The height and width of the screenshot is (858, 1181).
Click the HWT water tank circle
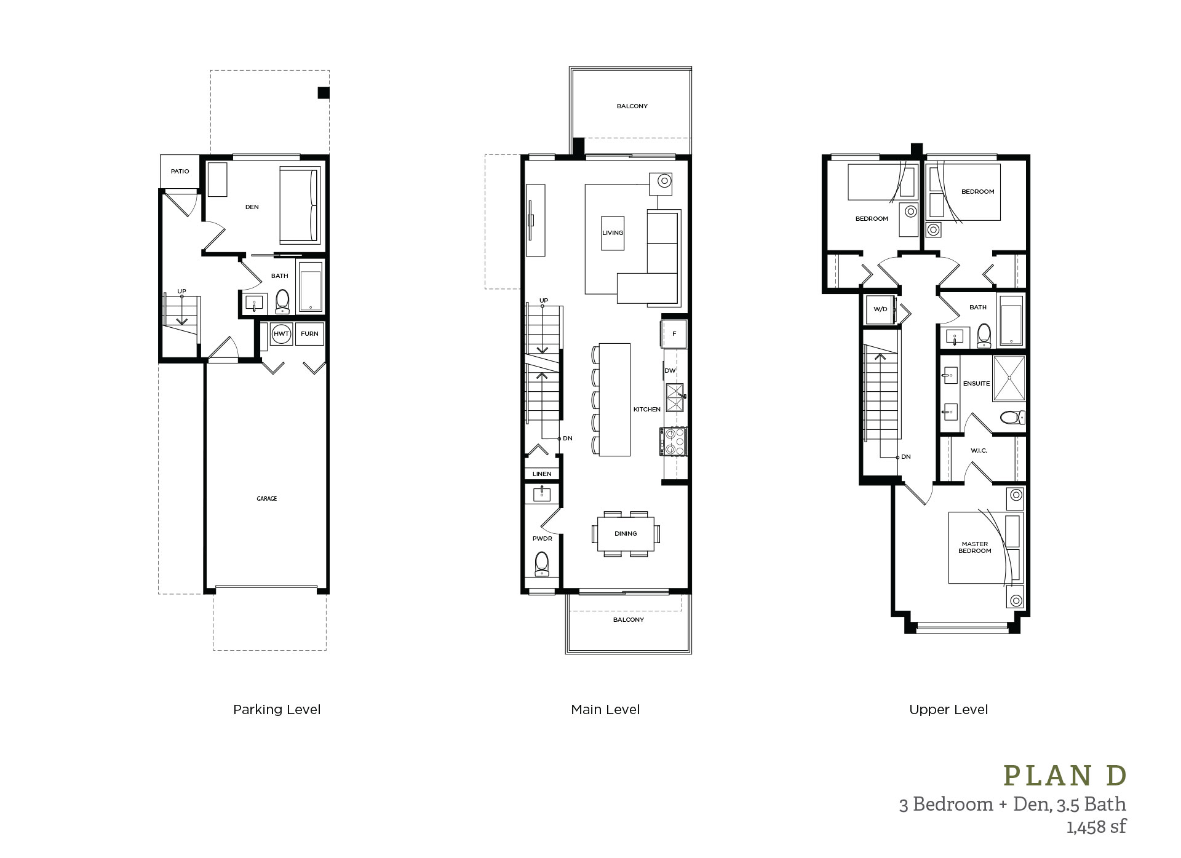click(x=281, y=334)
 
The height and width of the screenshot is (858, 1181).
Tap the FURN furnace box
click(x=309, y=334)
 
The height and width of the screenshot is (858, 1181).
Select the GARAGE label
click(x=266, y=499)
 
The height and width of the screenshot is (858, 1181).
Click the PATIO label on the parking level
click(x=180, y=172)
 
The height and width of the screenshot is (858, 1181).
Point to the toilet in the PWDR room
click(x=542, y=563)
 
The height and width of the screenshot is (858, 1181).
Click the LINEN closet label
click(x=542, y=474)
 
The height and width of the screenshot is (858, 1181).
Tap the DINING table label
click(x=626, y=534)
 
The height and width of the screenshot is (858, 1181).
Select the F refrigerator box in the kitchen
click(x=674, y=334)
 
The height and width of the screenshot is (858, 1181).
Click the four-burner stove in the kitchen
click(x=674, y=442)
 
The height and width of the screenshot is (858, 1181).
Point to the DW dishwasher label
click(x=670, y=371)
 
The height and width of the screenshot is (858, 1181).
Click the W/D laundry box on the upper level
click(x=880, y=309)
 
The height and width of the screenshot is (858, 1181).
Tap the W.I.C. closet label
click(x=979, y=451)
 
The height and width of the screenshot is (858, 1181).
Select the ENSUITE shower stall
click(x=1009, y=378)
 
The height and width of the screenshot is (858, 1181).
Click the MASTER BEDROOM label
click(x=974, y=547)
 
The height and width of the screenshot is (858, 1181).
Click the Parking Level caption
click(x=277, y=710)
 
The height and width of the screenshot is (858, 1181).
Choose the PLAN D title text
click(x=1065, y=776)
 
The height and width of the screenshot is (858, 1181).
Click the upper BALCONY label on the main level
click(x=632, y=106)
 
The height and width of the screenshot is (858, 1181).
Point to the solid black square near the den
click(x=324, y=93)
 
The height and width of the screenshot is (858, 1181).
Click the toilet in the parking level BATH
click(x=282, y=301)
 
